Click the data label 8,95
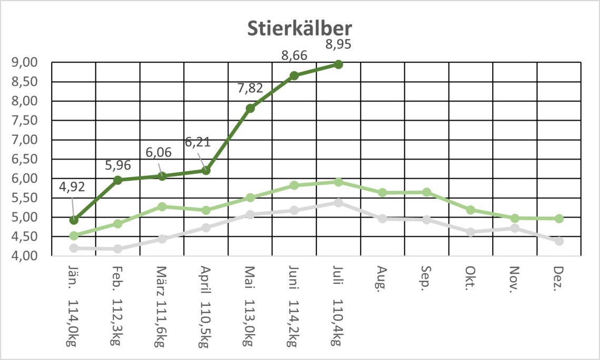[x=338, y=44]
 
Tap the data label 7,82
[x=250, y=88]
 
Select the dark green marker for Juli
[x=338, y=64]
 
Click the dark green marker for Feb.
[x=118, y=180]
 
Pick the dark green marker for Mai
[x=251, y=108]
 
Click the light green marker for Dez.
[x=559, y=218]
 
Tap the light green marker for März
[x=162, y=207]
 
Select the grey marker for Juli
[x=338, y=203]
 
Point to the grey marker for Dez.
[x=559, y=241]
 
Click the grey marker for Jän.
[x=74, y=248]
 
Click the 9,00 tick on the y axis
[x=24, y=62]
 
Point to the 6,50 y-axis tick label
[x=24, y=159]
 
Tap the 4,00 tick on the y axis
[x=24, y=256]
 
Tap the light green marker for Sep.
[x=427, y=192]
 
